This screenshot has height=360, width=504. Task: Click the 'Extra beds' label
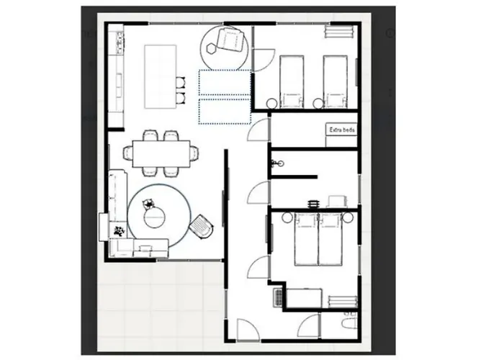point(342,130)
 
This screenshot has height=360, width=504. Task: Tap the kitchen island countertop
point(161,76)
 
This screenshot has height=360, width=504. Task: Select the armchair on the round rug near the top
point(230,39)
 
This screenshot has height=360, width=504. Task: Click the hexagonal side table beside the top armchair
point(211,48)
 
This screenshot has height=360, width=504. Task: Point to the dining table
point(161,153)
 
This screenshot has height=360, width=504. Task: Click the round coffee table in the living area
point(154,217)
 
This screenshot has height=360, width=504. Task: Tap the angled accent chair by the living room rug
point(202,226)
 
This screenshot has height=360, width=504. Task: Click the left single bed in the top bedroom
point(292,81)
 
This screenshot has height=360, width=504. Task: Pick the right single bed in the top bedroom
point(336,81)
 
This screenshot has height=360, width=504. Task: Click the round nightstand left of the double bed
point(287,218)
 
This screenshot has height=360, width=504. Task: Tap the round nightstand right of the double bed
point(348,218)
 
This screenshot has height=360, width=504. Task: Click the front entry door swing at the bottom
point(248,330)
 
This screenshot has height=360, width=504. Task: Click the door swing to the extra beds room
point(258,130)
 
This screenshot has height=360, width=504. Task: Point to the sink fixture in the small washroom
point(279,163)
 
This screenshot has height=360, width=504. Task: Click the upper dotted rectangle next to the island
point(225,82)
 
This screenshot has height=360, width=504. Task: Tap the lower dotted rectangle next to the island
point(225,111)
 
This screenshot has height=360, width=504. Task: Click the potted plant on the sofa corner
point(119,231)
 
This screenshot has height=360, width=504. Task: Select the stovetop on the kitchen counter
point(120,42)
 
